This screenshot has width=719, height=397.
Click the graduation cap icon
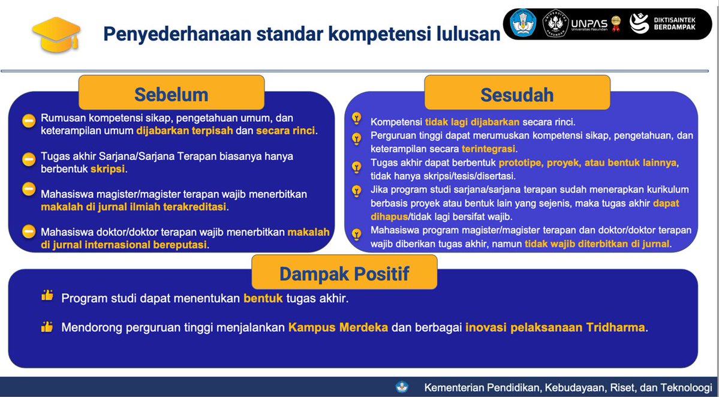[56, 33]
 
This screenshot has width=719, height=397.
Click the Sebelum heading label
[171, 95]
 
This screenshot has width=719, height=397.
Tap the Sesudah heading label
[517, 95]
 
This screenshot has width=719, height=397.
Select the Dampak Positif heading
[344, 274]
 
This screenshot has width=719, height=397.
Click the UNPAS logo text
[590, 24]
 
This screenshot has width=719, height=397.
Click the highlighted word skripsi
[108, 169]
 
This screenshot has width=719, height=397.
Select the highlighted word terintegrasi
[489, 149]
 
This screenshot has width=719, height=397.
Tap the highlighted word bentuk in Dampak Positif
[263, 298]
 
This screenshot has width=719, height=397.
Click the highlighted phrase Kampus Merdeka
[338, 327]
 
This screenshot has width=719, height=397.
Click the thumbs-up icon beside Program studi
[47, 296]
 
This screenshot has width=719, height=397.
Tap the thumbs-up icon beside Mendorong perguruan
[47, 327]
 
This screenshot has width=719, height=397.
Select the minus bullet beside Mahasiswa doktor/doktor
[29, 230]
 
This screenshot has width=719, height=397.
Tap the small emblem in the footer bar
[401, 387]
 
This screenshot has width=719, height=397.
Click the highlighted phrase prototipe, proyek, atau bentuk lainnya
[588, 163]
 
